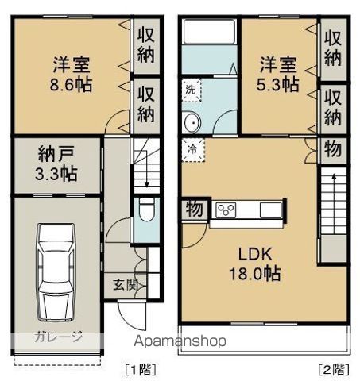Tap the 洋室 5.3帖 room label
pyautogui.click(x=277, y=72)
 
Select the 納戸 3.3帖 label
pyautogui.click(x=56, y=163)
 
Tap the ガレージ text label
pyautogui.click(x=57, y=337)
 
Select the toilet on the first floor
pyautogui.click(x=145, y=212)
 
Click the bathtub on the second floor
pyautogui.click(x=208, y=34)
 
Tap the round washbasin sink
pyautogui.click(x=192, y=124)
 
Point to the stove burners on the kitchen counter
pyautogui.click(x=226, y=210)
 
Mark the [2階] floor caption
pyautogui.click(x=331, y=368)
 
